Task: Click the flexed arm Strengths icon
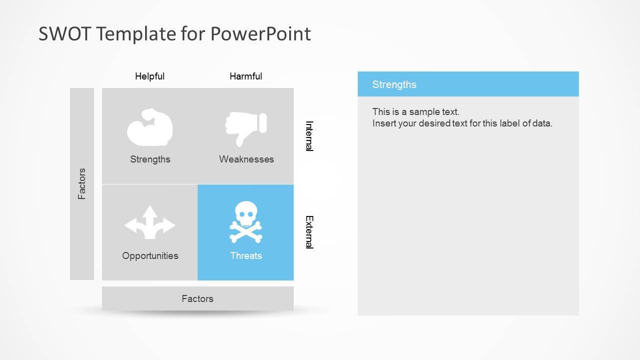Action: [150, 127]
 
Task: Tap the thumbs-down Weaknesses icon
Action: [246, 128]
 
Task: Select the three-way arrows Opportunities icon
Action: [150, 222]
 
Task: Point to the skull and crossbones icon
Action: [246, 222]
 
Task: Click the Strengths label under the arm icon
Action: [150, 159]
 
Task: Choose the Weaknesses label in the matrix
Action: [246, 159]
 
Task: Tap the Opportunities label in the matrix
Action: [150, 256]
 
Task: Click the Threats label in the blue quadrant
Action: [246, 256]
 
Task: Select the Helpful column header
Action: [150, 76]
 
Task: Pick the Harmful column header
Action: [246, 76]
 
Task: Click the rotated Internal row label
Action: [309, 135]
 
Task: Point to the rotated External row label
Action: [309, 232]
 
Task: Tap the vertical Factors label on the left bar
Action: [82, 184]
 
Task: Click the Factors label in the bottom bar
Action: [198, 299]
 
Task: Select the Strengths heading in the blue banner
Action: [394, 84]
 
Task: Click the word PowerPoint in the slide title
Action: [260, 34]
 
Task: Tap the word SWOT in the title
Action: [65, 34]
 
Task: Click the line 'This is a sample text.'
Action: [416, 112]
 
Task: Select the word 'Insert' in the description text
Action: [384, 123]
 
